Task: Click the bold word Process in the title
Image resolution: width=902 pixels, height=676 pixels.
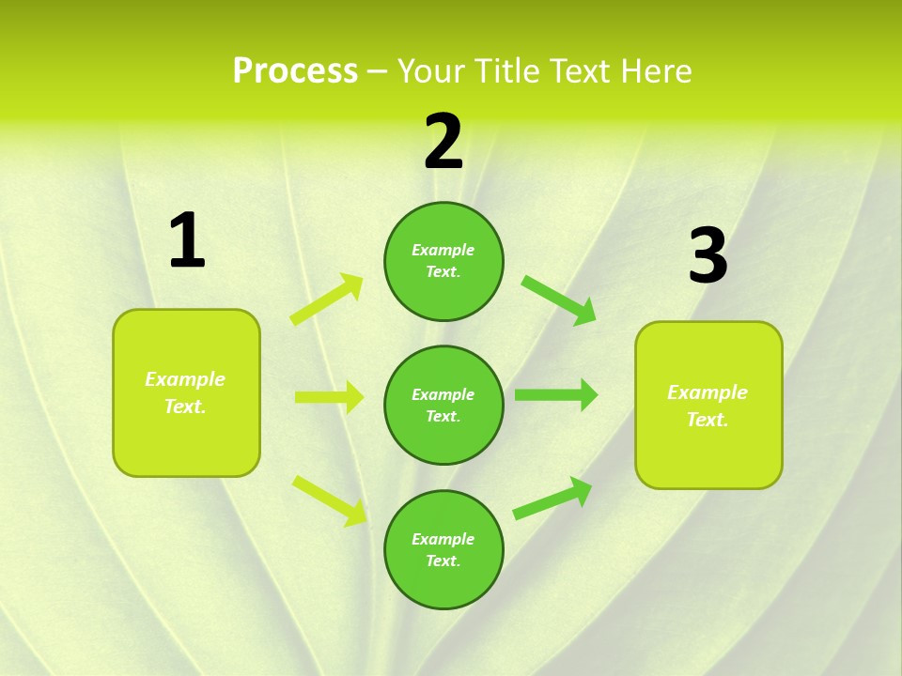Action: point(295,71)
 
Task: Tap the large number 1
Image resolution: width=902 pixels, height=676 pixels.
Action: point(187,241)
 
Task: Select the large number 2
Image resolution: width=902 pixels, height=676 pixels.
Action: point(443,142)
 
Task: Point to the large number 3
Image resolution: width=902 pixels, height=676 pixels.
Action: point(708,255)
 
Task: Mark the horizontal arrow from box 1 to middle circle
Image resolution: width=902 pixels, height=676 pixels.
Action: point(329,397)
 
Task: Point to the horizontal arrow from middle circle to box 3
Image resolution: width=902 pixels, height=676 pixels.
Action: point(555,394)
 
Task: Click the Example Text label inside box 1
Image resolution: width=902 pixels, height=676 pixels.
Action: point(185,392)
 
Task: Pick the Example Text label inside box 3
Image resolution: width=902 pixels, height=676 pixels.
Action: point(708,406)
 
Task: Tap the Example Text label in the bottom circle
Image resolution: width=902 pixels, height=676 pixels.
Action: point(443,549)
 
